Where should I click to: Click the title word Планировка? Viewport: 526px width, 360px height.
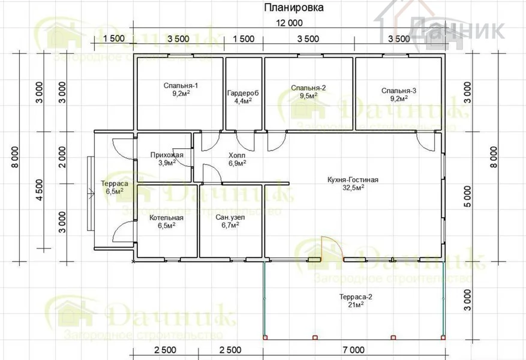pyautogui.click(x=294, y=8)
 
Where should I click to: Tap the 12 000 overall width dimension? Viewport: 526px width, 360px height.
pyautogui.click(x=289, y=23)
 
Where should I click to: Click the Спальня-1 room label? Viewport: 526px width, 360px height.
pyautogui.click(x=181, y=85)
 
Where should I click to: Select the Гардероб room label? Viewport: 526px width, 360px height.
pyautogui.click(x=244, y=93)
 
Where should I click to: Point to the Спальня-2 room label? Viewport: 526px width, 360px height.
pyautogui.click(x=308, y=88)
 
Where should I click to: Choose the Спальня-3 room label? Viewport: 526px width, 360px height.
pyautogui.click(x=399, y=91)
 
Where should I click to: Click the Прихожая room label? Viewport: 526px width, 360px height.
pyautogui.click(x=167, y=155)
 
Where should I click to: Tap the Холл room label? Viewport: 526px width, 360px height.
pyautogui.click(x=237, y=155)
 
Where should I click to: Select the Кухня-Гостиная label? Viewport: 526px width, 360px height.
pyautogui.click(x=353, y=180)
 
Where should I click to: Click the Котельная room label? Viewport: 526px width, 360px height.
pyautogui.click(x=166, y=218)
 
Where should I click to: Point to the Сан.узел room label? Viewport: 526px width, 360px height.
pyautogui.click(x=230, y=217)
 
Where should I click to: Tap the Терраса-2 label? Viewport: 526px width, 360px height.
pyautogui.click(x=356, y=297)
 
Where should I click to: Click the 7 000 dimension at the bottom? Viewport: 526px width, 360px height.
pyautogui.click(x=354, y=350)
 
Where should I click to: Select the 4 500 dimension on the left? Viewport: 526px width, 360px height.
pyautogui.click(x=40, y=190)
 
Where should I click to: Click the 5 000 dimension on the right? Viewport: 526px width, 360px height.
pyautogui.click(x=467, y=197)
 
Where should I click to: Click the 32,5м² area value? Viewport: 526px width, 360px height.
pyautogui.click(x=353, y=188)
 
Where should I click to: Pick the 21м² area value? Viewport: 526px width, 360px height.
pyautogui.click(x=356, y=305)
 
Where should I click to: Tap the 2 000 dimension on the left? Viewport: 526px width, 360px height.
pyautogui.click(x=62, y=157)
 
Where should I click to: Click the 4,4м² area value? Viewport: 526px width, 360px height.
pyautogui.click(x=244, y=101)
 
